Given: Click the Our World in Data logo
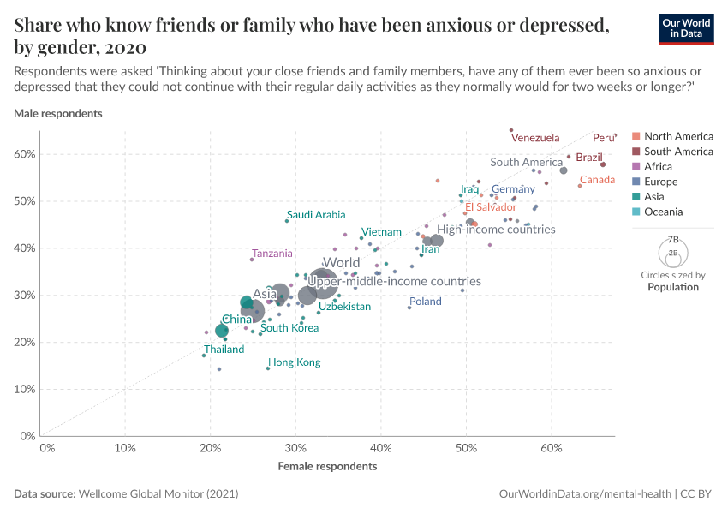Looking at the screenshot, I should [686, 28].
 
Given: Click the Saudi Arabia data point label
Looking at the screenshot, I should [316, 215].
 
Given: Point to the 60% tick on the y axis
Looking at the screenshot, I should [25, 154].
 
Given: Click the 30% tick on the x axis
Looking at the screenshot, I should [295, 447].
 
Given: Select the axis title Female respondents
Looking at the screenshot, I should [327, 466].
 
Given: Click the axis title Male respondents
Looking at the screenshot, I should [58, 113].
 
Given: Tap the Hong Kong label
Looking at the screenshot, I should [294, 362].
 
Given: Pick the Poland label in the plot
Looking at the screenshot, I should [425, 302].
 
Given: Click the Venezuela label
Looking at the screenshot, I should [534, 138].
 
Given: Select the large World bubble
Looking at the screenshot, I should [322, 282].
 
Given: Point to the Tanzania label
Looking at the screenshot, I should [272, 254].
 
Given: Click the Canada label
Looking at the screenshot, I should [598, 180].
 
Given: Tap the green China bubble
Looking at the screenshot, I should [222, 331].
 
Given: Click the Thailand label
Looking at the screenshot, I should [224, 350].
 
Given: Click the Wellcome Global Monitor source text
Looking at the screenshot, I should [158, 494].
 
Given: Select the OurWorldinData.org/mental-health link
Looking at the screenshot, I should [585, 494].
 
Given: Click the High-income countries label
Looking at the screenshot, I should [496, 230].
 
